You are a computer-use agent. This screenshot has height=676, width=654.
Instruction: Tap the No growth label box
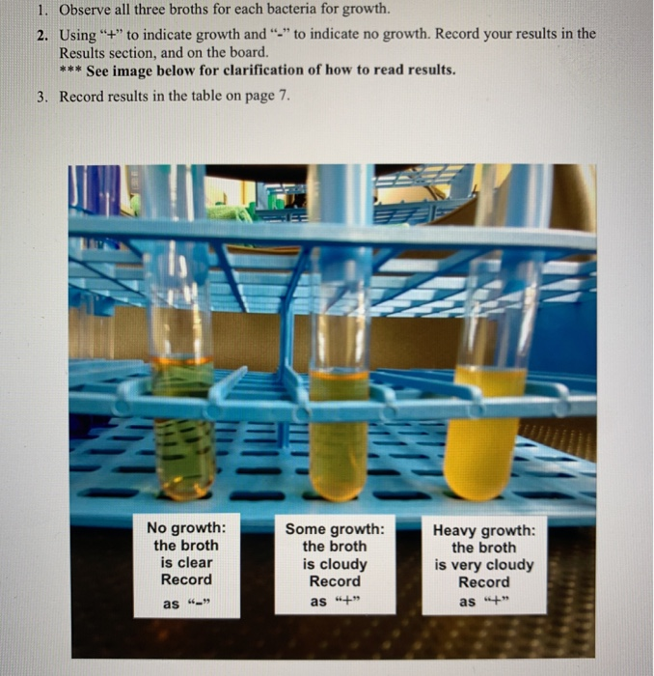(186, 566)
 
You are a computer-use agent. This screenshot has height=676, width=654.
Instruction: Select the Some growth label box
(335, 566)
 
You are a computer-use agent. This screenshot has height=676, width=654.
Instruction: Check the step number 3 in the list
(42, 98)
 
